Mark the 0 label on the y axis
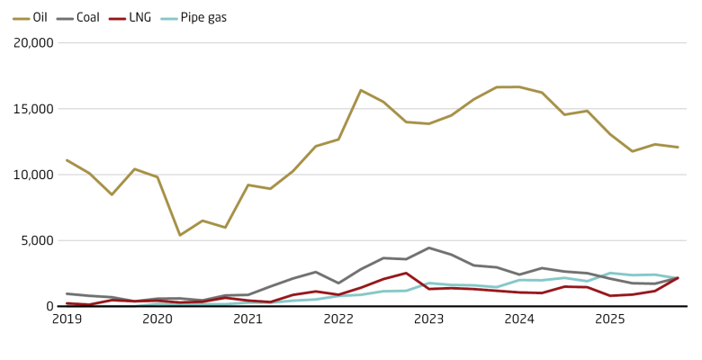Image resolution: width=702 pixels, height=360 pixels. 51,306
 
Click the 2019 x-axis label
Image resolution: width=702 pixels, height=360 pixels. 67,319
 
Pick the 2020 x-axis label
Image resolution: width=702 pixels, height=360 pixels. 157,319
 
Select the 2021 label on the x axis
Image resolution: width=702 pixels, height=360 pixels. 248,319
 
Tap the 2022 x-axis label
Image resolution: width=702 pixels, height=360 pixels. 338,319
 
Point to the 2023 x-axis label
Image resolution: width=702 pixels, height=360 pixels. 429,319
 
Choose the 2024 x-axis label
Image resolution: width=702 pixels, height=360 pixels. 519,319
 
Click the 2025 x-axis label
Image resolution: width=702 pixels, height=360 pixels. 610,319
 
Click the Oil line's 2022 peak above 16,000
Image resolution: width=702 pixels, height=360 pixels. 361,90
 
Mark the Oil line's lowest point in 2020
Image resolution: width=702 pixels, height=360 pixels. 180,235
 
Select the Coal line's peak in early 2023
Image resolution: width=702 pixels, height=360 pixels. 429,247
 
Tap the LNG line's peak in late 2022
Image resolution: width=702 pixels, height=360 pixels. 407,273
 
